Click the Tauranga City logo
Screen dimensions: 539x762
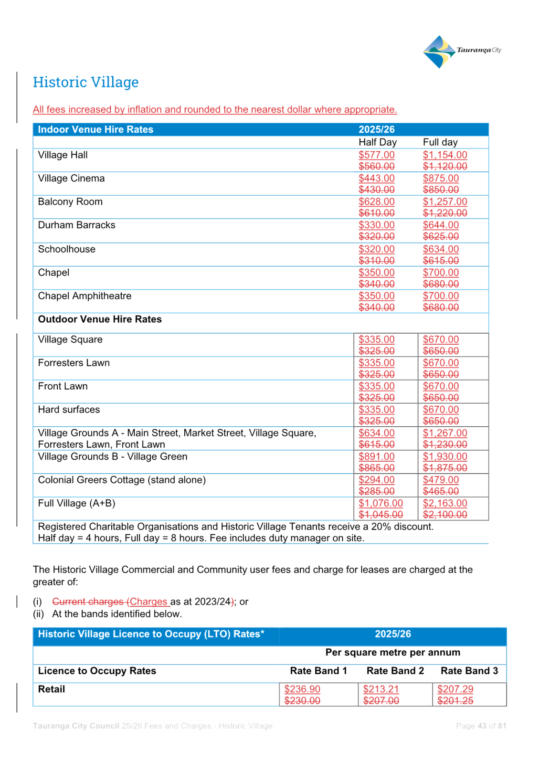(462, 52)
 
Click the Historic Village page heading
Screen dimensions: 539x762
(86, 82)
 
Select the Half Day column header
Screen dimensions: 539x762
(378, 142)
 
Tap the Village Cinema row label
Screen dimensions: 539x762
(71, 178)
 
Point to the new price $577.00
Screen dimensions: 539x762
(377, 155)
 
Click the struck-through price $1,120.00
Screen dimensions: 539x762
(445, 166)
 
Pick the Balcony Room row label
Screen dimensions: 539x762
(70, 202)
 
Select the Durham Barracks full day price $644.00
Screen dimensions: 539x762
(441, 225)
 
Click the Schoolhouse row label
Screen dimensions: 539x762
(67, 249)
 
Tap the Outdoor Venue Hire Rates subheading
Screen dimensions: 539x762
(100, 319)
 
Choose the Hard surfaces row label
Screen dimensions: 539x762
(69, 409)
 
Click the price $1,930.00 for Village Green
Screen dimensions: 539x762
(445, 456)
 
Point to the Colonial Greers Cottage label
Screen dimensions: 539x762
(122, 480)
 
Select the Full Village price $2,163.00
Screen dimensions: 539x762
(445, 503)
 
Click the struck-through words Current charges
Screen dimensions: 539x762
(88, 602)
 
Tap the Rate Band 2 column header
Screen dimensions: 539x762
(395, 670)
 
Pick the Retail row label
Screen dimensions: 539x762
(52, 689)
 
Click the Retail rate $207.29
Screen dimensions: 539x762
(455, 689)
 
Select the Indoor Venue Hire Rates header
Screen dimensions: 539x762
(95, 129)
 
